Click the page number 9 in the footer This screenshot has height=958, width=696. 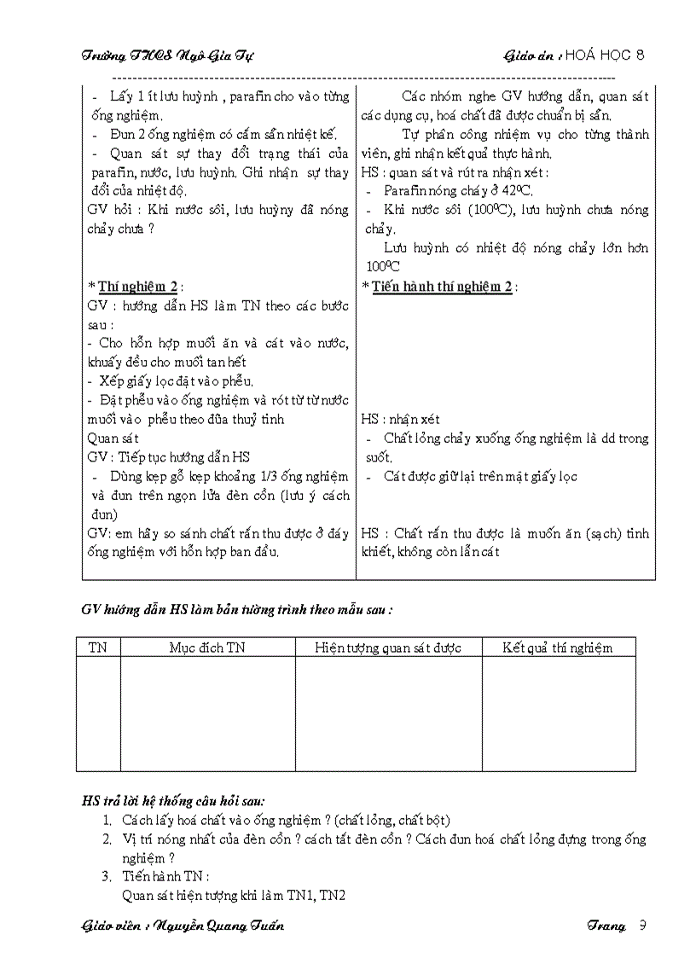[642, 926]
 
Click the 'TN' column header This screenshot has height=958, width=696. [98, 647]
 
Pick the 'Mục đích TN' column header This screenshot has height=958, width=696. [207, 647]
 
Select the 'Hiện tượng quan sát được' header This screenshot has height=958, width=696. [388, 647]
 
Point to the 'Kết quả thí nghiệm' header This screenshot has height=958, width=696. [558, 647]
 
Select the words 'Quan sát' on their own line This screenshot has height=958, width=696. [113, 438]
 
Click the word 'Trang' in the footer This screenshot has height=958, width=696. [606, 926]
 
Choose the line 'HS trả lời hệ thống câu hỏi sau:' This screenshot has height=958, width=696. [173, 800]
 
